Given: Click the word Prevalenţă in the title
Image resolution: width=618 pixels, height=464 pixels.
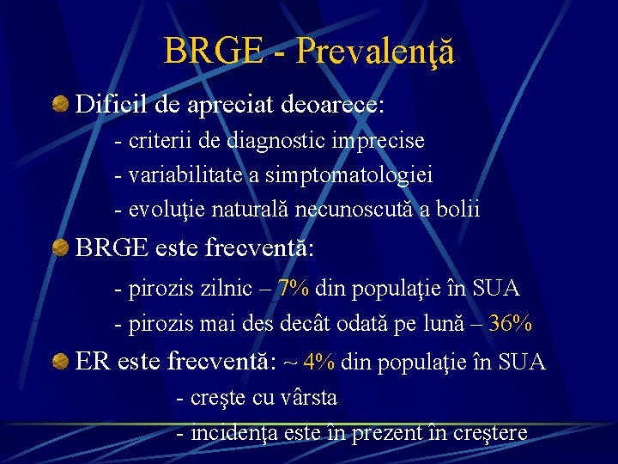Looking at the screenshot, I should click(374, 52).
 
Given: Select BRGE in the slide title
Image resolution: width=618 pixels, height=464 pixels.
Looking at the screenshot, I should click(214, 52).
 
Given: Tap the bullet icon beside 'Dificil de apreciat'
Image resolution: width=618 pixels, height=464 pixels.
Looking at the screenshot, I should click(60, 105).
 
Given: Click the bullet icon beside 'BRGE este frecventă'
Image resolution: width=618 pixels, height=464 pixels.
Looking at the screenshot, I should click(60, 249).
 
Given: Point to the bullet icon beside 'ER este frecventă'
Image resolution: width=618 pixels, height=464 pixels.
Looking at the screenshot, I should click(60, 362).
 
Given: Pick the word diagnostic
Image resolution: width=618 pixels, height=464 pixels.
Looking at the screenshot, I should click(287, 140).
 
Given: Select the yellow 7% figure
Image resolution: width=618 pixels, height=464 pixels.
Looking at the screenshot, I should click(294, 289).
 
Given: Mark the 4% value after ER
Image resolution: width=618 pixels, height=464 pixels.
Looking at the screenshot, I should click(318, 363).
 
